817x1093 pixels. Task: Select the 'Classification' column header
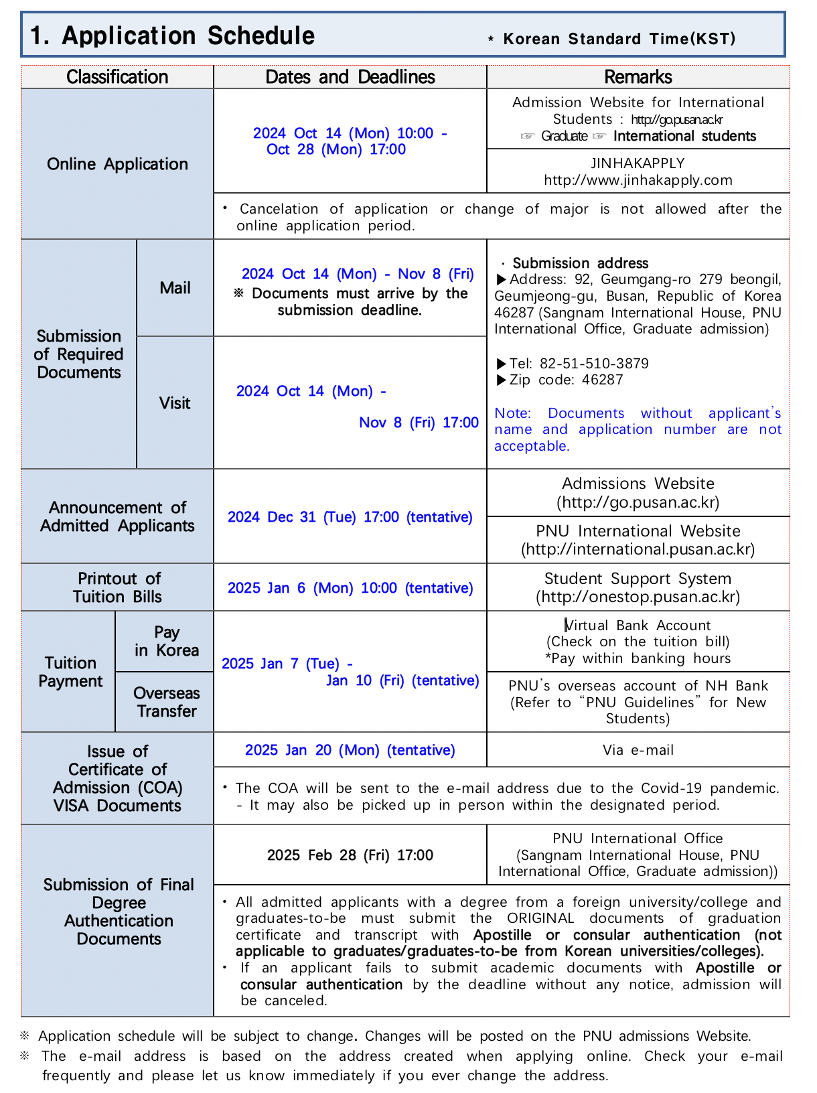[x=117, y=77]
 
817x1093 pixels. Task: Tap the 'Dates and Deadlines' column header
[x=350, y=77]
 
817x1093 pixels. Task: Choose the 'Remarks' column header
[x=638, y=77]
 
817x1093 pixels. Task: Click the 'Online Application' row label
[x=117, y=164]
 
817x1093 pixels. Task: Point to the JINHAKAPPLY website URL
[x=638, y=180]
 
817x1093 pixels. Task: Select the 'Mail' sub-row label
[x=175, y=288]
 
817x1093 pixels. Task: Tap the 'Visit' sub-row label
[x=175, y=403]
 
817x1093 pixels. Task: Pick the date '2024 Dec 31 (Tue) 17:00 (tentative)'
[x=350, y=517]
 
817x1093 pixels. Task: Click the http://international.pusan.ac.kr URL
[x=638, y=550]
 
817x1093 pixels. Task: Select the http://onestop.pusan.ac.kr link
[x=638, y=597]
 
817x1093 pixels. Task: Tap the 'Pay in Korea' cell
[x=167, y=642]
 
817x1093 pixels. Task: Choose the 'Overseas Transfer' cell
[x=167, y=702]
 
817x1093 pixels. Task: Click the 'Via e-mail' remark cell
[x=638, y=750]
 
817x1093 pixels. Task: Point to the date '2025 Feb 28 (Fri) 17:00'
[x=350, y=855]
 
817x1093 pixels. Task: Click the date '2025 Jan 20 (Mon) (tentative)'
[x=350, y=750]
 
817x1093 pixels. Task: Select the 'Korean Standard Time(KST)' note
[x=619, y=39]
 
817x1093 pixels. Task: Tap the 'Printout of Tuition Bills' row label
[x=117, y=587]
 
